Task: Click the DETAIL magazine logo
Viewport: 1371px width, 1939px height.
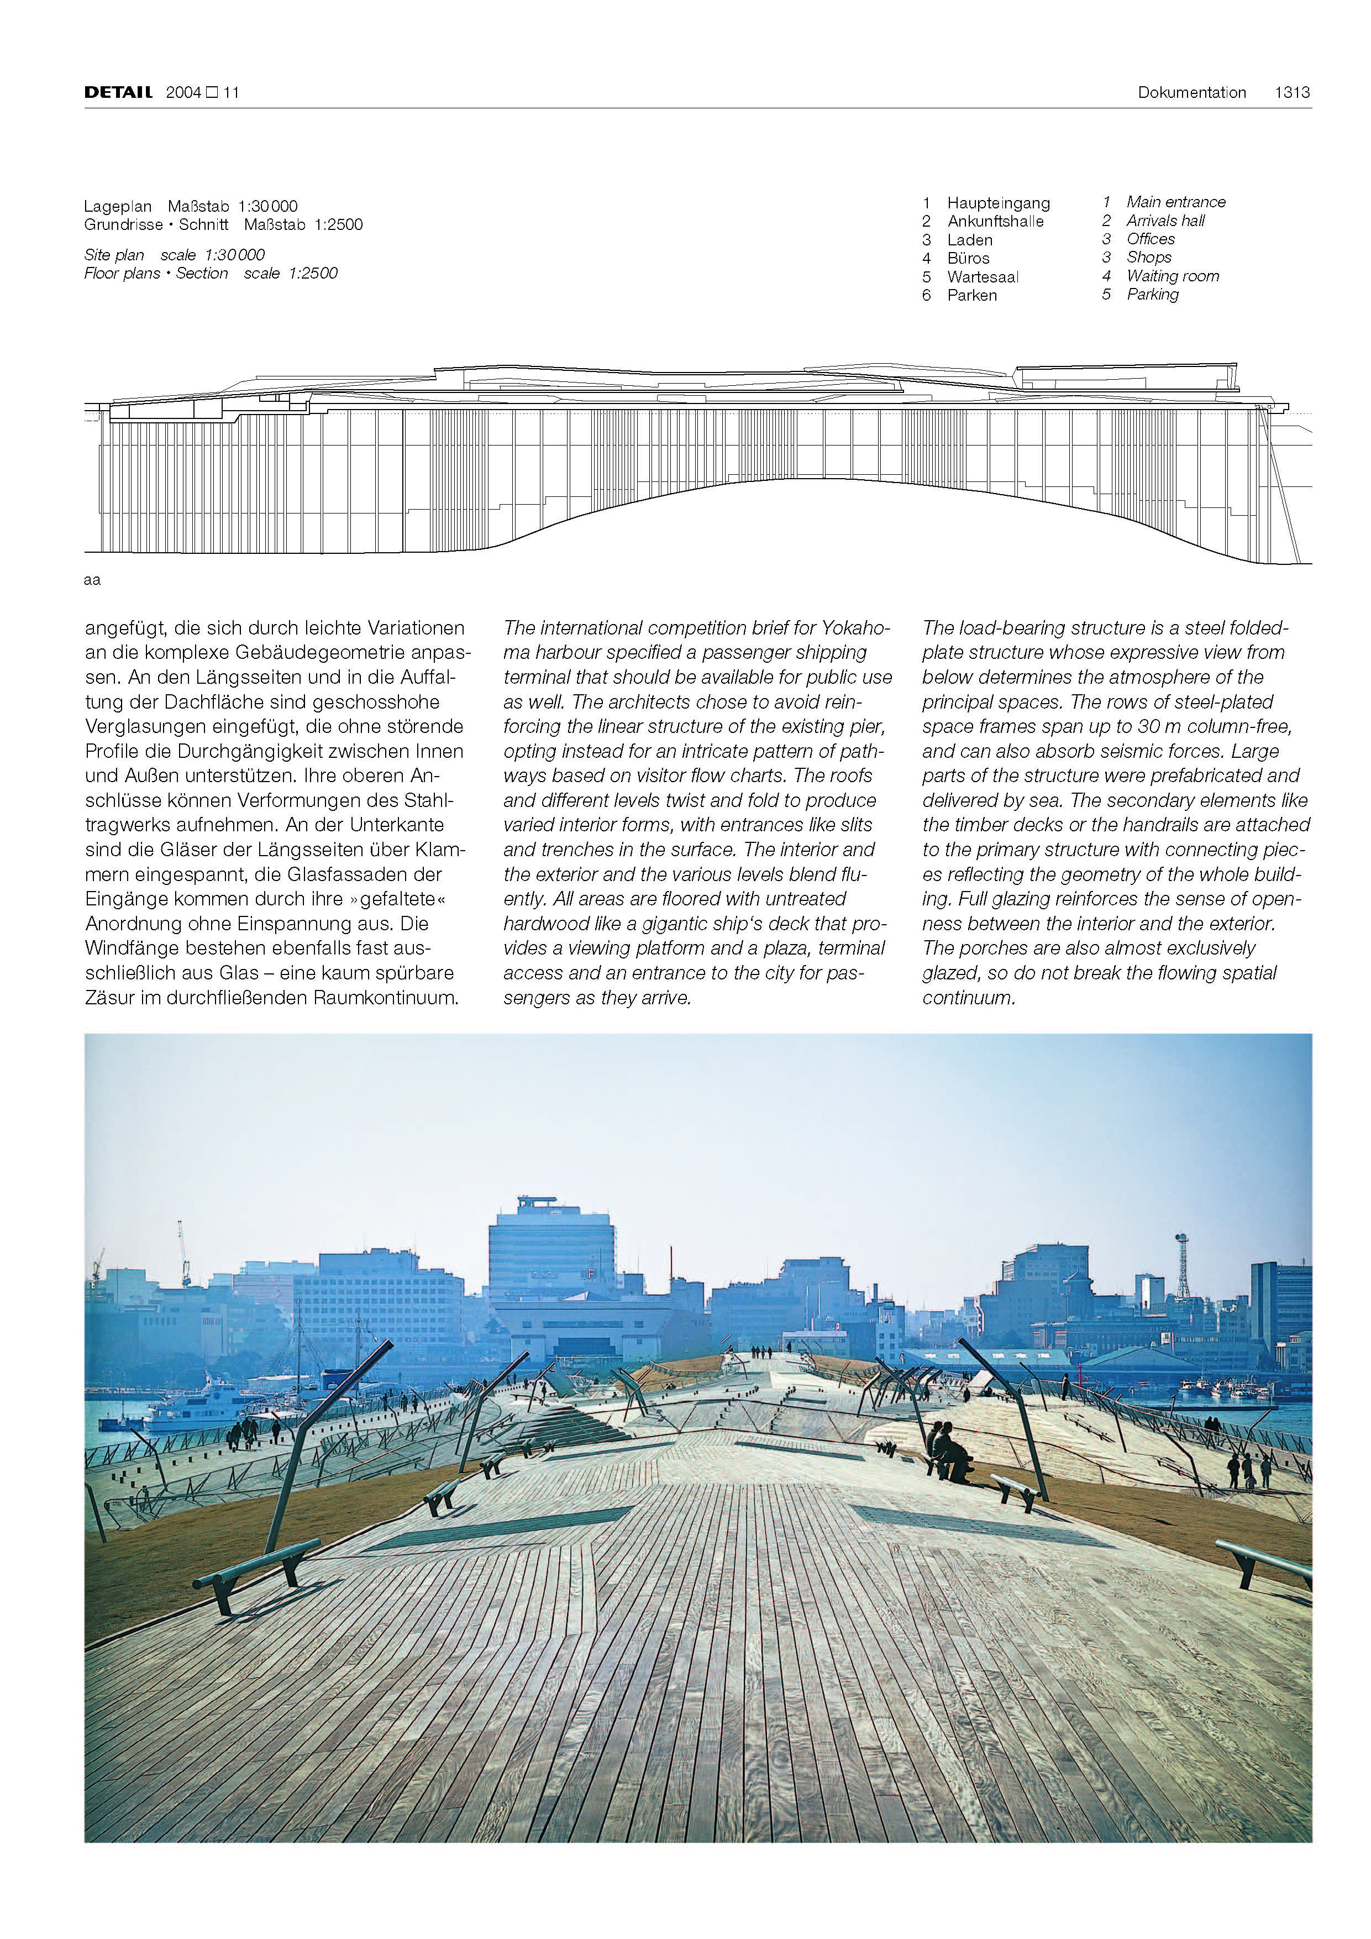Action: click(118, 92)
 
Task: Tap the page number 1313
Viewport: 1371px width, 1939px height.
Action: click(1291, 92)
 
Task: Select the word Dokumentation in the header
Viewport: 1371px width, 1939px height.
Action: click(1191, 92)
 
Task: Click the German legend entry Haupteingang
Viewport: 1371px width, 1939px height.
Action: click(998, 203)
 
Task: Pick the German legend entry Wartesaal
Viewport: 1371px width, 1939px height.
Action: click(983, 277)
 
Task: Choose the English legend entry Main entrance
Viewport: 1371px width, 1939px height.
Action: click(1175, 202)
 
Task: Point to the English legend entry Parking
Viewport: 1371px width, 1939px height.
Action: click(1152, 294)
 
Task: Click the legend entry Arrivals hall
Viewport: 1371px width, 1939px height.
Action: click(1165, 221)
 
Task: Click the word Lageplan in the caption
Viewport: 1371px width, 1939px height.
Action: click(117, 206)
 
